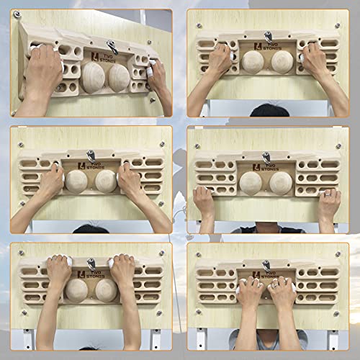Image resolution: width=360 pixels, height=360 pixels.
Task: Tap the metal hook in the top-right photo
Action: (x=268, y=35)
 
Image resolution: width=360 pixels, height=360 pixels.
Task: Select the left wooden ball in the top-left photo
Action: (x=93, y=77)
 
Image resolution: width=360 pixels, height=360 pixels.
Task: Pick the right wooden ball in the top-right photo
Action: (x=281, y=61)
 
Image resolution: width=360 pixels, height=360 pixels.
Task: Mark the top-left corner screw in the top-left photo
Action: (x=17, y=14)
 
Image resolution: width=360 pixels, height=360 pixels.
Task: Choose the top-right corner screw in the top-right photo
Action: (x=337, y=26)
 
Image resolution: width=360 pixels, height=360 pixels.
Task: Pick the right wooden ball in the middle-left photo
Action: (x=106, y=180)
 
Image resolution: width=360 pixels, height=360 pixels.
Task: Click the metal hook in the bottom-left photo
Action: (x=91, y=264)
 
